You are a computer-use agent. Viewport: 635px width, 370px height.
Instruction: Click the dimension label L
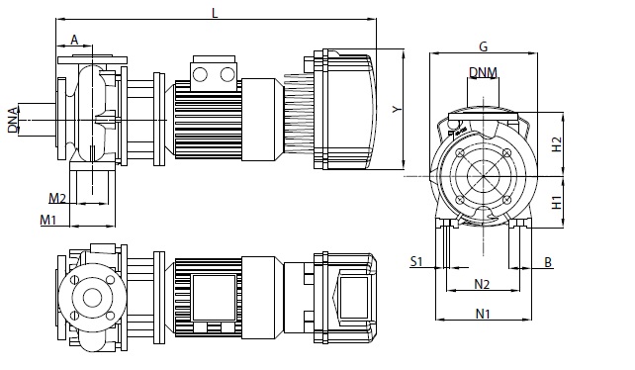pos(215,13)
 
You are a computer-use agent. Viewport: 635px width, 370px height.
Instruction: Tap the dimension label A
pos(74,41)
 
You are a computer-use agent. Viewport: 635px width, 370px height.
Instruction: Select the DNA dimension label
pos(14,120)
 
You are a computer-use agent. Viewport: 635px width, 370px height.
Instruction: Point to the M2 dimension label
pos(57,198)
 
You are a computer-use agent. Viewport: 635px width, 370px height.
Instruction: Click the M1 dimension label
pos(47,220)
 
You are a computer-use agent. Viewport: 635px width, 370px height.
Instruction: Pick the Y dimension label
pos(398,109)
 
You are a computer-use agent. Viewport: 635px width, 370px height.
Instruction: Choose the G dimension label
pos(483,47)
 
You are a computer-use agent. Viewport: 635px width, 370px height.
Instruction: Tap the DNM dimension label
pos(483,72)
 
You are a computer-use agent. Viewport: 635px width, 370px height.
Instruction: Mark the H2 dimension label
pos(557,144)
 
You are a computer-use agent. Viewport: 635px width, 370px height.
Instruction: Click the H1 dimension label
pos(557,202)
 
